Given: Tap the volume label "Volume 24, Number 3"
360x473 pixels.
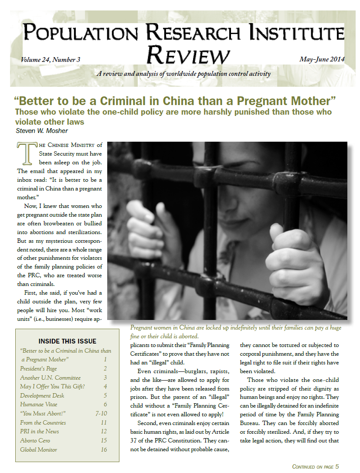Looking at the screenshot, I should (x=51, y=60).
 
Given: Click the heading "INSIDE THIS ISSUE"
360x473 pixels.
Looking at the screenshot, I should (x=68, y=341).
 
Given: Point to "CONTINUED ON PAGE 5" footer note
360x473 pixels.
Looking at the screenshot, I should (x=315, y=466).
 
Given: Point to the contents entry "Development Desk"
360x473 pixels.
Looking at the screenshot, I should (x=42, y=395).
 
